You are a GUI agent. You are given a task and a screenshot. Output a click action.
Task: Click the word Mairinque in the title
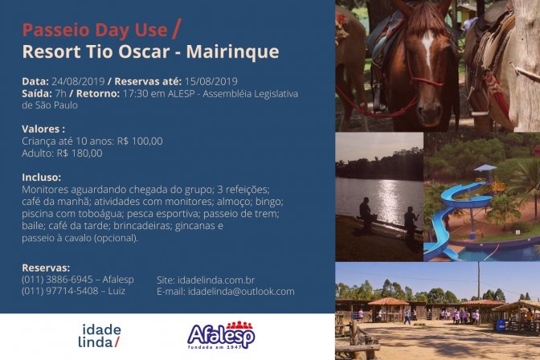click(232, 51)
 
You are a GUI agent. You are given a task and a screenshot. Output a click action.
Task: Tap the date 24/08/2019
click(78, 82)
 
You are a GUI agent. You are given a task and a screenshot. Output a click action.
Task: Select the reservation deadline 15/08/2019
click(211, 82)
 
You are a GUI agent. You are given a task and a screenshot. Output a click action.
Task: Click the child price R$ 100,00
click(140, 141)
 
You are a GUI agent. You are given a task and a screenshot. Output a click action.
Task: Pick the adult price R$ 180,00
click(80, 153)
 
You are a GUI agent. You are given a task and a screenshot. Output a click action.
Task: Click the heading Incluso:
click(41, 178)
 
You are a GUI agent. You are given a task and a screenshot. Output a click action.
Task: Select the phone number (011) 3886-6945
click(57, 280)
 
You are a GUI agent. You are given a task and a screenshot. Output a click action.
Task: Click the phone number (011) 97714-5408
click(60, 291)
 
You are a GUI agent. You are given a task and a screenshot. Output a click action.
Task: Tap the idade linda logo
click(100, 336)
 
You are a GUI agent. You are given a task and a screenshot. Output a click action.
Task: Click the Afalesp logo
click(221, 335)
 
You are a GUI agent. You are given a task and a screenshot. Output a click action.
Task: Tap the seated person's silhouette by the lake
click(366, 214)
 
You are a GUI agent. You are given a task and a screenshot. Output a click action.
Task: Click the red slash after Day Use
click(176, 29)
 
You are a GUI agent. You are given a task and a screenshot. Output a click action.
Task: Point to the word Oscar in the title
click(144, 51)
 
